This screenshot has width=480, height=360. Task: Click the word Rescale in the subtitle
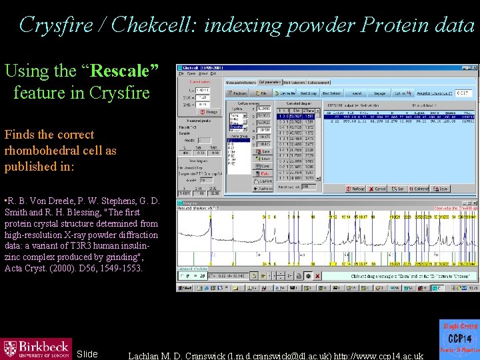pos(124,71)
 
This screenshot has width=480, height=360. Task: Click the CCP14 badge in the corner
pos(459,338)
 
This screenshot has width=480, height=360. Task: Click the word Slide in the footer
pos(87,354)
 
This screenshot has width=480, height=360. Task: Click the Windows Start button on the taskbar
pos(185,288)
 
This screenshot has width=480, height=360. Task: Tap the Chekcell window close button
pos(475,67)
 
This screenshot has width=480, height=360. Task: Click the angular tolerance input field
pos(465,93)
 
